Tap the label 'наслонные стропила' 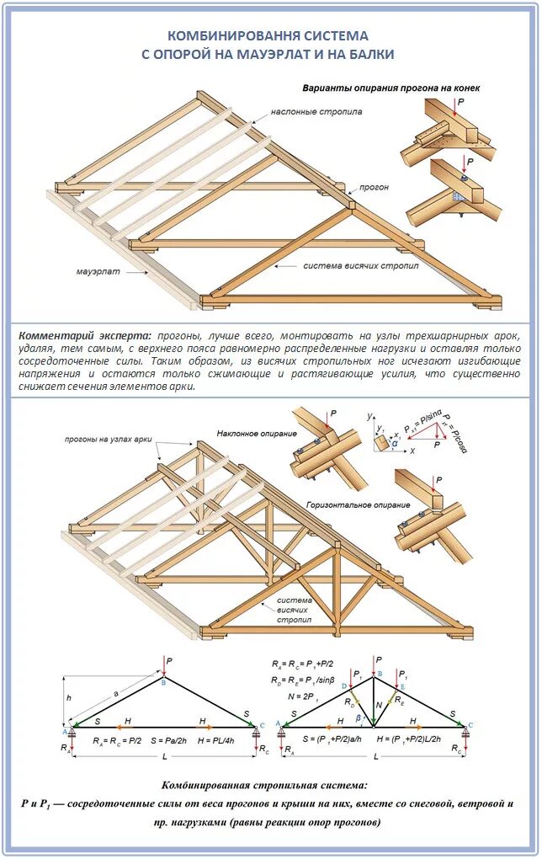[x=316, y=111]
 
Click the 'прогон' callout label [x=375, y=187]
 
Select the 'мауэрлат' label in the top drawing [x=98, y=273]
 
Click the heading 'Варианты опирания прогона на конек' [x=391, y=88]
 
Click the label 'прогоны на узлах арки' [x=107, y=439]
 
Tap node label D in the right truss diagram [x=345, y=687]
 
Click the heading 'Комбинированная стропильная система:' [x=269, y=784]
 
